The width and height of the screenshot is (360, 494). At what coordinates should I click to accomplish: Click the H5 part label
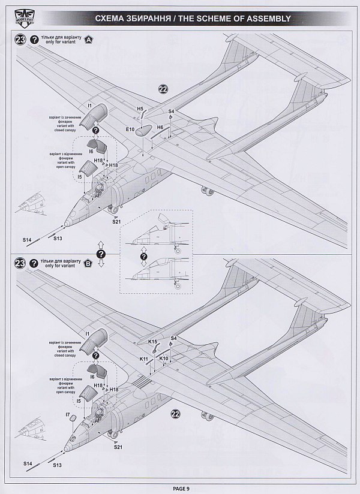pyautogui.click(x=140, y=109)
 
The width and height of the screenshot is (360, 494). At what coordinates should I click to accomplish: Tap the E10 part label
pyautogui.click(x=129, y=128)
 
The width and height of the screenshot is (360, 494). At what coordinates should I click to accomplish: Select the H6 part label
pyautogui.click(x=160, y=128)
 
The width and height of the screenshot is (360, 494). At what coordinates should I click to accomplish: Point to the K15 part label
pyautogui.click(x=152, y=342)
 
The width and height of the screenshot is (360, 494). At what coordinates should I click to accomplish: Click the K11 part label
pyautogui.click(x=143, y=359)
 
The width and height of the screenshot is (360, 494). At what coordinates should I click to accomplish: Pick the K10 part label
pyautogui.click(x=164, y=359)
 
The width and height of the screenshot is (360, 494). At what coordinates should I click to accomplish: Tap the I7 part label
pyautogui.click(x=67, y=414)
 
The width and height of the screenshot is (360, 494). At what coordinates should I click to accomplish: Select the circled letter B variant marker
pyautogui.click(x=89, y=263)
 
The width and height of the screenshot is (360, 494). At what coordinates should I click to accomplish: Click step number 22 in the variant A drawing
pyautogui.click(x=163, y=90)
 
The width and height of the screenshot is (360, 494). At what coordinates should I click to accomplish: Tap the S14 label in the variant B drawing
pyautogui.click(x=28, y=463)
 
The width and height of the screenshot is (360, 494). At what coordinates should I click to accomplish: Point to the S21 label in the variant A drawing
pyautogui.click(x=116, y=222)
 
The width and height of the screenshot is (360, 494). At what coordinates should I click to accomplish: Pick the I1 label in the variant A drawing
pyautogui.click(x=88, y=106)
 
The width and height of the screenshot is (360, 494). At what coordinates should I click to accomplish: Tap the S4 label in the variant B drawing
pyautogui.click(x=174, y=339)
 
